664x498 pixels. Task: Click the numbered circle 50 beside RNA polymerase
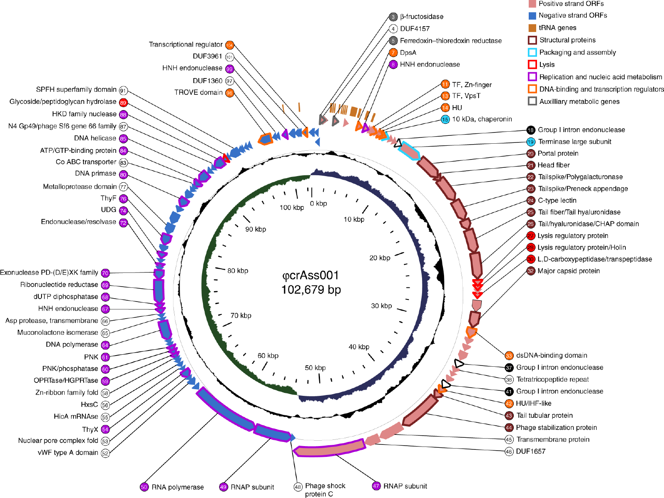(x=144, y=487)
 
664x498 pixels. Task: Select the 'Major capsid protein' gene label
(x=569, y=271)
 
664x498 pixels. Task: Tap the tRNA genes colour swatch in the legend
(x=532, y=28)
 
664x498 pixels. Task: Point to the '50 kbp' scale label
(x=315, y=368)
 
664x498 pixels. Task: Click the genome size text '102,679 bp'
(x=311, y=290)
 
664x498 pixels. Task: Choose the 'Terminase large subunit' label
(x=574, y=142)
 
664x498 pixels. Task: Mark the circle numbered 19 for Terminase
(x=531, y=142)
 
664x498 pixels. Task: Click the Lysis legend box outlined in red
(x=532, y=64)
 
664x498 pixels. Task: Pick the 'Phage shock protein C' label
(x=325, y=490)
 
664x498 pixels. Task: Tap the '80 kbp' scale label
(x=238, y=271)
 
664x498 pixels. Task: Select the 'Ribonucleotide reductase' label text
(x=59, y=285)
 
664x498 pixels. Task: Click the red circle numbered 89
(x=123, y=103)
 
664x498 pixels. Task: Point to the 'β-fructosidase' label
(x=422, y=17)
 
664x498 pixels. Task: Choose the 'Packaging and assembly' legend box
(x=532, y=52)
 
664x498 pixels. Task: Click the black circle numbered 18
(x=531, y=130)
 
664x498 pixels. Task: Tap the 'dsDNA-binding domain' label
(x=552, y=356)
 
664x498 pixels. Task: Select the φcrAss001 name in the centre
(x=310, y=275)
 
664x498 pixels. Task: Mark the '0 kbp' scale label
(x=318, y=204)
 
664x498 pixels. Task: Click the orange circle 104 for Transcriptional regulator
(x=229, y=45)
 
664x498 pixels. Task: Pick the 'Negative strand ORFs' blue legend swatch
(x=532, y=15)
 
